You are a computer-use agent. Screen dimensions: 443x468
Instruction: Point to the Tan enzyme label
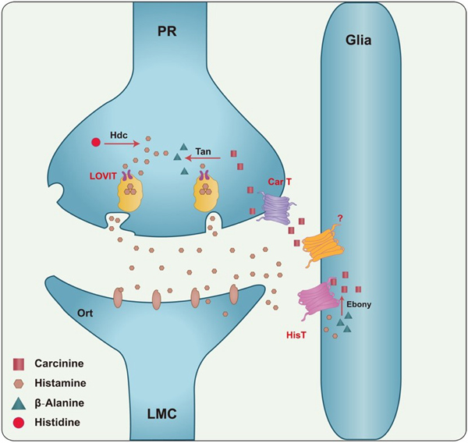point(203,151)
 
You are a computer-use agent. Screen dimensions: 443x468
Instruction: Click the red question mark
point(339,219)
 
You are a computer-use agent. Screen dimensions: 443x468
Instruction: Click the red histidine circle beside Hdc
point(96,143)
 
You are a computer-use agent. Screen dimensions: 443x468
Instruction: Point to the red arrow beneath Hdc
point(124,144)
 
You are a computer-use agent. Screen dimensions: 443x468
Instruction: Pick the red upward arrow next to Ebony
point(342,303)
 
